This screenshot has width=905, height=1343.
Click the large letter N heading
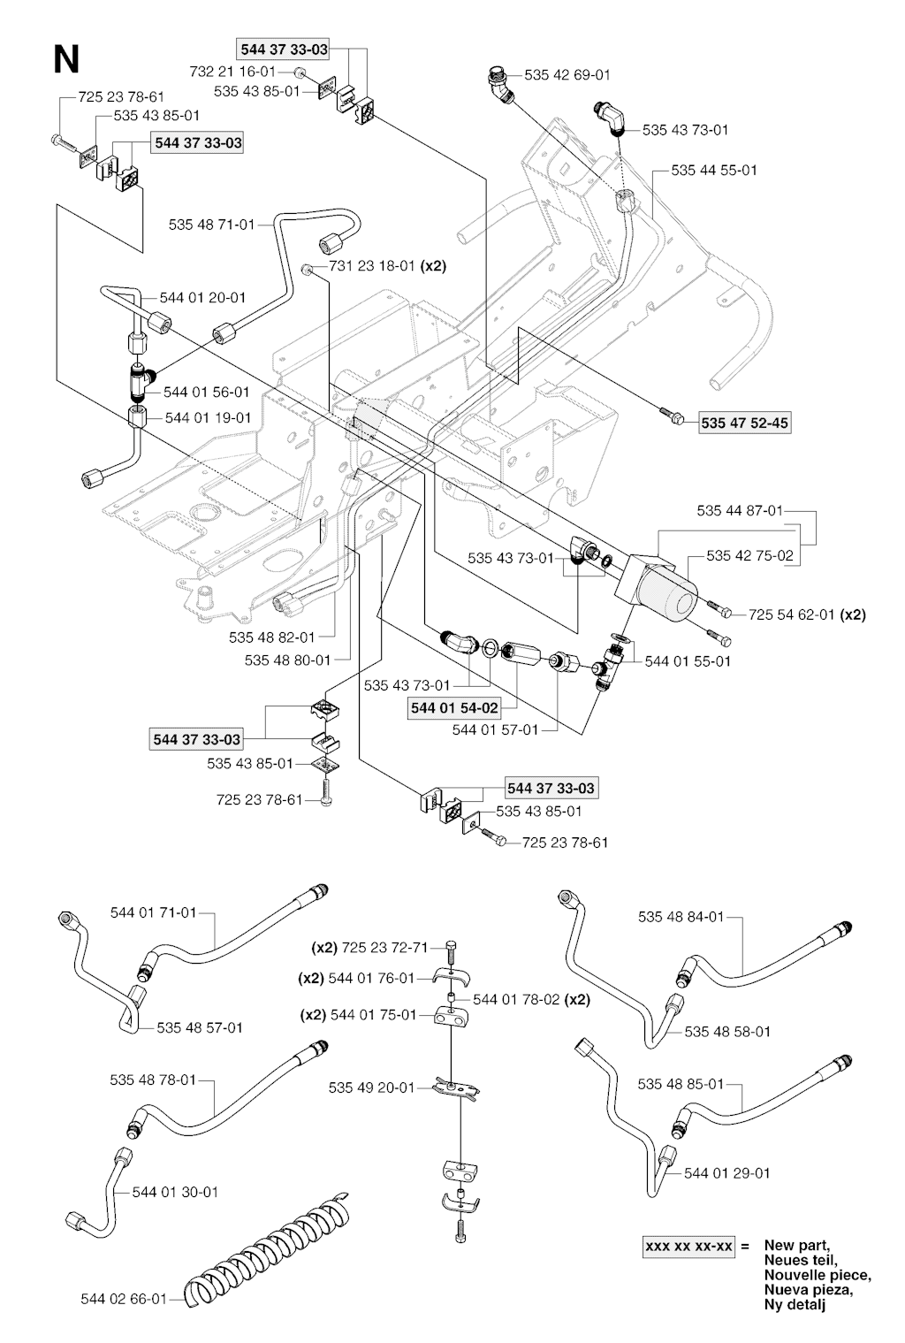pyautogui.click(x=66, y=60)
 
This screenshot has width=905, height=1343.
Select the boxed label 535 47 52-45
pyautogui.click(x=743, y=424)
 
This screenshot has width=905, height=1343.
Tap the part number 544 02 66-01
pyautogui.click(x=123, y=1300)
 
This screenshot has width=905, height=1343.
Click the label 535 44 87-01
pyautogui.click(x=740, y=511)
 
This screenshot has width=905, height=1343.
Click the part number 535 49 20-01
pyautogui.click(x=370, y=1087)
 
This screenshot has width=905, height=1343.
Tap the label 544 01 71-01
pyautogui.click(x=153, y=912)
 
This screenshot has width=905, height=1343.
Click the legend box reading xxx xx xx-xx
pyautogui.click(x=688, y=1247)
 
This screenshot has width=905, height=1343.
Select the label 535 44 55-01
pyautogui.click(x=714, y=170)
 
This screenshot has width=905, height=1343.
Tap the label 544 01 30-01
pyautogui.click(x=174, y=1192)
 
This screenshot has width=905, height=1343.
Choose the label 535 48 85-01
pyautogui.click(x=681, y=1084)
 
